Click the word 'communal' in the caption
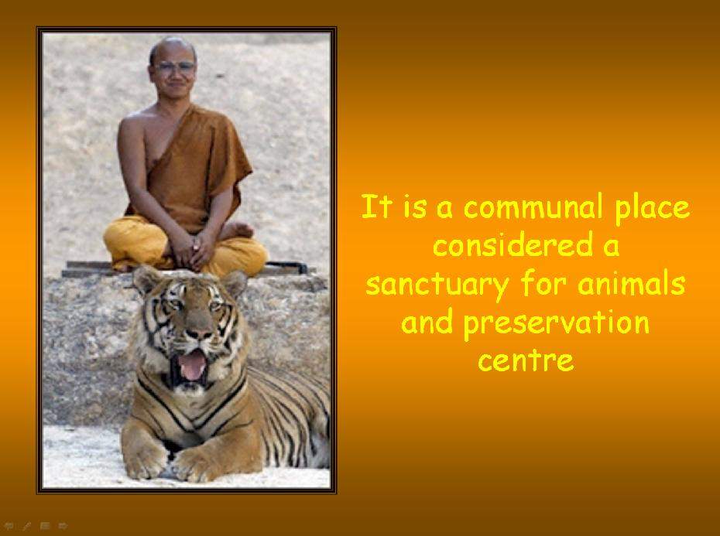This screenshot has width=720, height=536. point(533,207)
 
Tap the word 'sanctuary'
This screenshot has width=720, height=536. point(437,285)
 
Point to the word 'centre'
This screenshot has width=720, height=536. point(526,360)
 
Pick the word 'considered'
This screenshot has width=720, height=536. point(513,245)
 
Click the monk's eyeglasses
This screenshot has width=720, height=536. point(175,67)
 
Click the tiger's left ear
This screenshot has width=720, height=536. point(235,282)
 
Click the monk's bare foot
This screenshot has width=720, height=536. point(236,230)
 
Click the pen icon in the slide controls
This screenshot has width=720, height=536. point(26,526)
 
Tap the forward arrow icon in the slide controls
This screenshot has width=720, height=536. point(63,526)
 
